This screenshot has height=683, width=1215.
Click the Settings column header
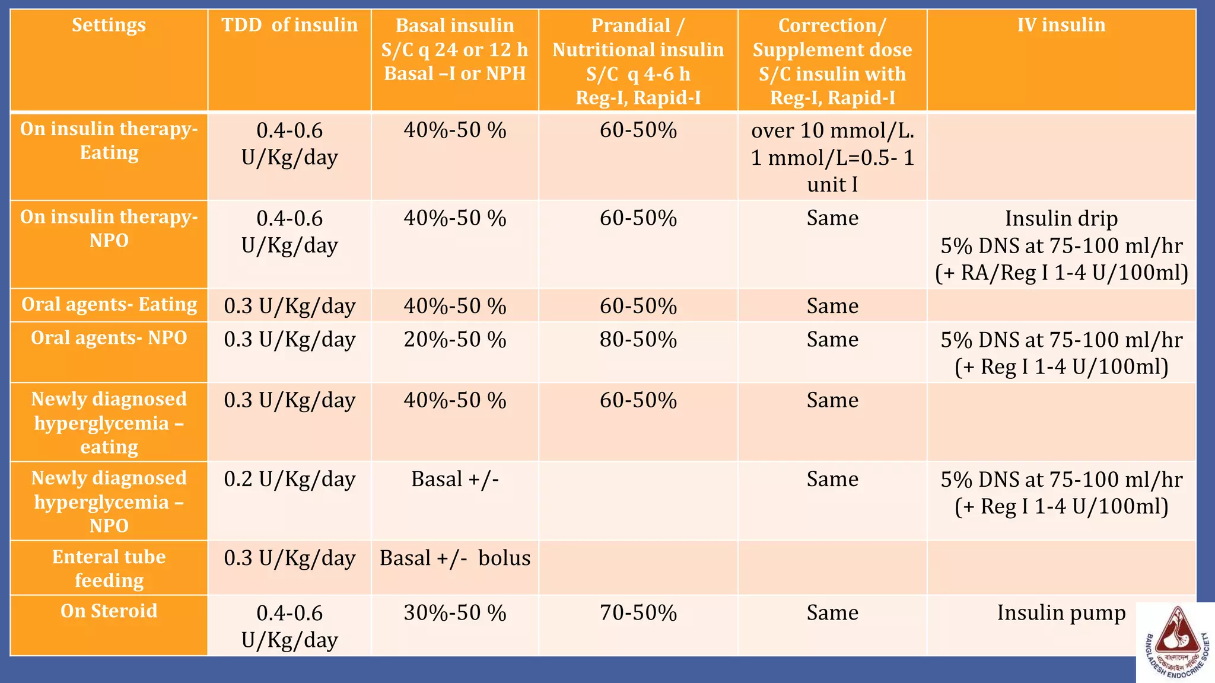pyautogui.click(x=109, y=25)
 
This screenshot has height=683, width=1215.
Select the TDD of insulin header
pyautogui.click(x=290, y=25)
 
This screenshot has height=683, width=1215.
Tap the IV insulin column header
pyautogui.click(x=1061, y=25)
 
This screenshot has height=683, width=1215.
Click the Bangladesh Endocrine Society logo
pyautogui.click(x=1175, y=643)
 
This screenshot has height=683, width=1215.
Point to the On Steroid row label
pyautogui.click(x=109, y=611)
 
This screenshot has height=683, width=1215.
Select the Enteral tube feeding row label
pyautogui.click(x=109, y=568)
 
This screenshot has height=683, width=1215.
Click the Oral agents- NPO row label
pyautogui.click(x=109, y=338)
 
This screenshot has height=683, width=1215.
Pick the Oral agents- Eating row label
pyautogui.click(x=109, y=305)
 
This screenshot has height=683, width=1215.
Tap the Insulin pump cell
pyautogui.click(x=1061, y=612)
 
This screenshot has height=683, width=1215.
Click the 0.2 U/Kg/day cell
pyautogui.click(x=290, y=479)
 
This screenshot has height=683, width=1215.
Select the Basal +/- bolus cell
pyautogui.click(x=455, y=558)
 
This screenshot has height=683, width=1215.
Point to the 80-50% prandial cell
pyautogui.click(x=638, y=340)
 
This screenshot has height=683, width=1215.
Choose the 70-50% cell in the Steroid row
pyautogui.click(x=638, y=612)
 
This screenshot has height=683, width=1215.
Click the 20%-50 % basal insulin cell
pyautogui.click(x=455, y=340)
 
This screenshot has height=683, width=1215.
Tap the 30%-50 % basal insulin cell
pyautogui.click(x=455, y=612)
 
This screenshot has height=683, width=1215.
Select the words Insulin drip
pyautogui.click(x=1061, y=219)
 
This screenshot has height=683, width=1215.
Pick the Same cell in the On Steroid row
pyautogui.click(x=832, y=612)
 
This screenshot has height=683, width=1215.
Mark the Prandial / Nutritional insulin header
pyautogui.click(x=638, y=61)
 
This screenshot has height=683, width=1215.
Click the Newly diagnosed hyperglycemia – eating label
pyautogui.click(x=109, y=423)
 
